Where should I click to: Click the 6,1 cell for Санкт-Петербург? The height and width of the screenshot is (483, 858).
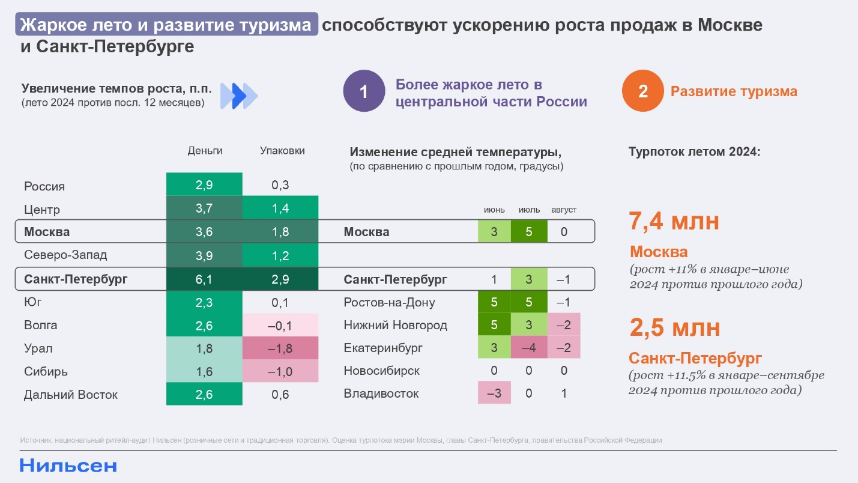[204, 279]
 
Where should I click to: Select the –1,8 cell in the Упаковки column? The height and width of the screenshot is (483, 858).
[280, 348]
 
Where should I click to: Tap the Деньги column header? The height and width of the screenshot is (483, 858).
[205, 151]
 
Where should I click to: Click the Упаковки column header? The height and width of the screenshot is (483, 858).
[282, 151]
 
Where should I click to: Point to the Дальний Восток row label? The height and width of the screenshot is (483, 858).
[71, 395]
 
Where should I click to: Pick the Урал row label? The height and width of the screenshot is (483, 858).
[38, 348]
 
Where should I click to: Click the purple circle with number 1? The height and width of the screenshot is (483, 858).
[364, 91]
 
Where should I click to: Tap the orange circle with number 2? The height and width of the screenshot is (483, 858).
[643, 91]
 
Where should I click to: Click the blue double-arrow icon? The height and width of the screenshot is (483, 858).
[239, 95]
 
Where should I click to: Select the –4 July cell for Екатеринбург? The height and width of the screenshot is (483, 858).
[529, 348]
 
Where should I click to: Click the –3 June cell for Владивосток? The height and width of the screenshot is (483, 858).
[494, 394]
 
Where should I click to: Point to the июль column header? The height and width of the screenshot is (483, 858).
[529, 210]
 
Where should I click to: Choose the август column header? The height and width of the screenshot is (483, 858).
[563, 210]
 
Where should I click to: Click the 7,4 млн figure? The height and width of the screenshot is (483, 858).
[674, 222]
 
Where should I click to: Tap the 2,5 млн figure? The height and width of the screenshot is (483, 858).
[674, 328]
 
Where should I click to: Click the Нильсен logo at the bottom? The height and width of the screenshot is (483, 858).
[68, 466]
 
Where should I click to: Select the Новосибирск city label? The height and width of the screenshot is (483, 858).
[381, 371]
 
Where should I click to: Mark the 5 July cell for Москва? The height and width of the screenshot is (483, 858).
[529, 232]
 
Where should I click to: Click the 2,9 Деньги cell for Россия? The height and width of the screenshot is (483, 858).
[204, 185]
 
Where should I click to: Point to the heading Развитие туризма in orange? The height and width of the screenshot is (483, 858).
[734, 91]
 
